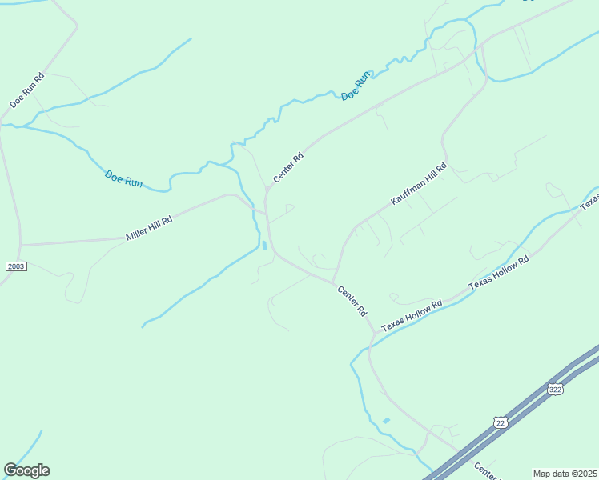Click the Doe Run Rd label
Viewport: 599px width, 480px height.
pos(28,90)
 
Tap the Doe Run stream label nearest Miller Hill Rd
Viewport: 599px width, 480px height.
pos(123,178)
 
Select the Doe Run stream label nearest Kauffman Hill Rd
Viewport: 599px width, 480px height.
pos(356,86)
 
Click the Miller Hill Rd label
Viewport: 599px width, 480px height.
pos(149,229)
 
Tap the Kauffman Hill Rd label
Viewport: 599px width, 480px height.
pos(418,185)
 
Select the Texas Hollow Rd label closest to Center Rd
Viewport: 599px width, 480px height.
pos(412,316)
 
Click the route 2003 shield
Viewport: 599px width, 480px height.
pos(15,266)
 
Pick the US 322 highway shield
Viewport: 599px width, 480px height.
pos(555,389)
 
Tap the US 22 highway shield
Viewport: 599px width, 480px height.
pos(501,422)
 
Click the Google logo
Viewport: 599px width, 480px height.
pos(26,470)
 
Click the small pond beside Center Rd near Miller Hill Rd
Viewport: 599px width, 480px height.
pos(263,245)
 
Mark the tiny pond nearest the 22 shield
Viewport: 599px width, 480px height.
pos(387,420)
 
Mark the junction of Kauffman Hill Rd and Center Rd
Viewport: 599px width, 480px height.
pos(334,281)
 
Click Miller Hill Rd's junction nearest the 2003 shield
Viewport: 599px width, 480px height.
pos(21,245)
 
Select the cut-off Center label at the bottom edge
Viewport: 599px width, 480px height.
pos(484,470)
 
